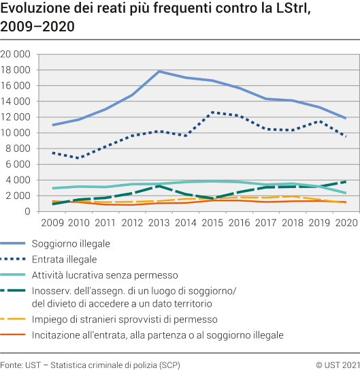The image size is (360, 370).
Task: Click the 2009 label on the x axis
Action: [52, 223]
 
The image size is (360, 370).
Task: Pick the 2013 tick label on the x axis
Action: [159, 223]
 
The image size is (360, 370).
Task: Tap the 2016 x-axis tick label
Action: [238, 223]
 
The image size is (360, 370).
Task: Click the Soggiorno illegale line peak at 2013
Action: [159, 72]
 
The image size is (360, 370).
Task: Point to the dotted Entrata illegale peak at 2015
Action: [212, 112]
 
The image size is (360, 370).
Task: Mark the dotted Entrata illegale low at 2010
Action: [79, 158]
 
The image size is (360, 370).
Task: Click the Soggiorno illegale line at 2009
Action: [52, 125]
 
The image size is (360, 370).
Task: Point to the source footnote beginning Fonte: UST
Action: [91, 361]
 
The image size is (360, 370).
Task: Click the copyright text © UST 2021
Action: [337, 361]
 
